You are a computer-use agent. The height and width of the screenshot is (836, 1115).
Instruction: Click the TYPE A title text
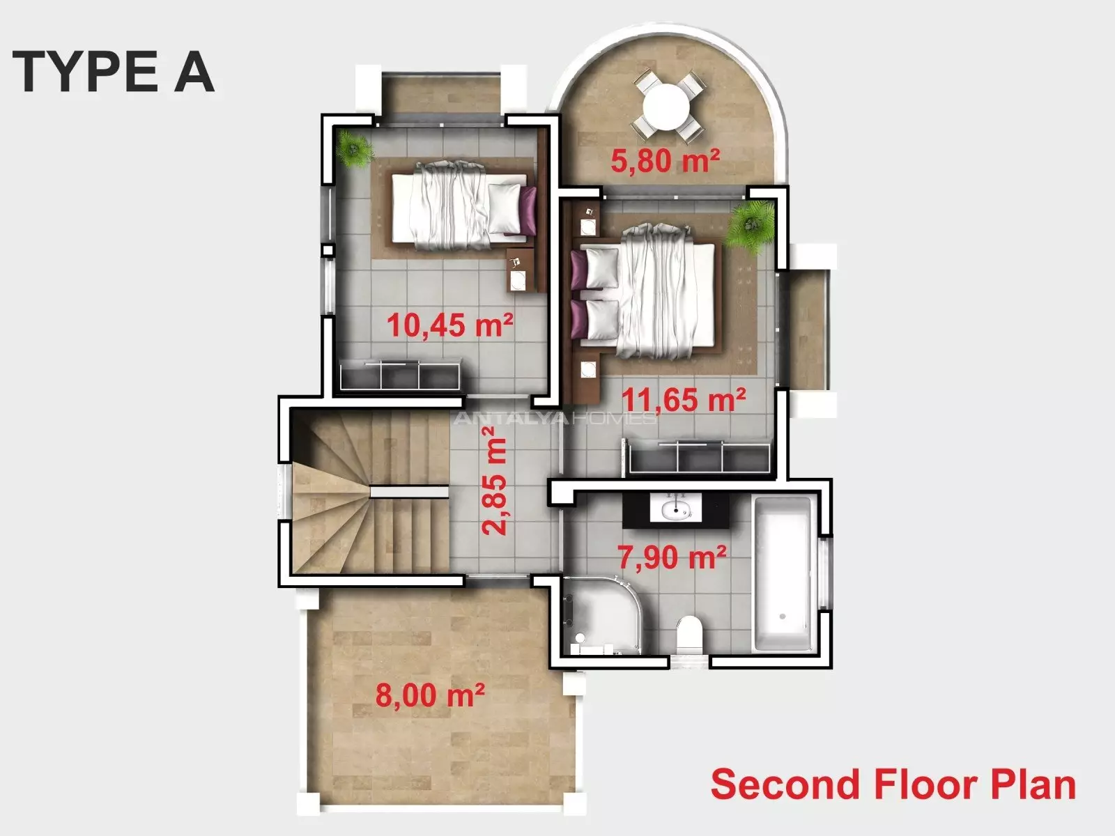point(114,72)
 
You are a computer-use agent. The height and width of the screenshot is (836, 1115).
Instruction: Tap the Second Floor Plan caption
point(893,784)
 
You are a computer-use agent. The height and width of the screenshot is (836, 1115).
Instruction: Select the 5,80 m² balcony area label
point(665,160)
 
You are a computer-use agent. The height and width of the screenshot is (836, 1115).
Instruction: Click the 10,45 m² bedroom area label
point(449,325)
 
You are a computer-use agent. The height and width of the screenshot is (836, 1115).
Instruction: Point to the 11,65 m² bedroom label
point(684,400)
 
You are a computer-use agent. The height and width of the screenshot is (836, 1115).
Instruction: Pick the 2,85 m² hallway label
point(494,481)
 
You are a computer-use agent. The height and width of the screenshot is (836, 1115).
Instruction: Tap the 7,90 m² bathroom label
point(672,557)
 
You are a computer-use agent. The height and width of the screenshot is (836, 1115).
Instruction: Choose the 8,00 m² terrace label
point(430,695)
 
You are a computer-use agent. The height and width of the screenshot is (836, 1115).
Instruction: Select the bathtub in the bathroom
point(783,574)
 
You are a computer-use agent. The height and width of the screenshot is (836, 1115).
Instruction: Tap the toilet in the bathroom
point(689,634)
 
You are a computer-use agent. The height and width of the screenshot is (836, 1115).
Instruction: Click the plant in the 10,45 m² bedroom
point(355,148)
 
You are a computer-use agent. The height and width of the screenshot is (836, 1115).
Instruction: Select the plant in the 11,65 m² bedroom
point(750,226)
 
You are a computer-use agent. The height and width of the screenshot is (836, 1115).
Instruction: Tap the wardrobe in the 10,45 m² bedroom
point(400,375)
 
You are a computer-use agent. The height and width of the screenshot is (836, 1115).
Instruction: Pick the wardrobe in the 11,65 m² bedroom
point(699,457)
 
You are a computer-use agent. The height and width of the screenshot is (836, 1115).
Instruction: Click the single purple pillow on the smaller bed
point(529,210)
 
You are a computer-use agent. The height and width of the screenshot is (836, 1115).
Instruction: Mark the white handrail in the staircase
point(410,491)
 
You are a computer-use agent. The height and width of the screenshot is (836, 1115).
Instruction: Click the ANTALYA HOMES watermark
point(555,418)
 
